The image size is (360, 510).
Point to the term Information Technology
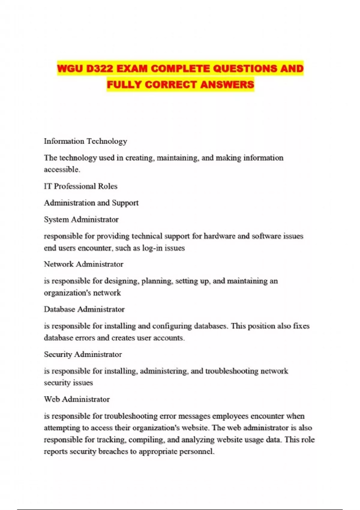[85, 141]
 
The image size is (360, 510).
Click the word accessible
[62, 169]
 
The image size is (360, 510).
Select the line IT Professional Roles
[81, 186]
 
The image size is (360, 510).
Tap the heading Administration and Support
[91, 203]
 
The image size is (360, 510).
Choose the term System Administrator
[81, 220]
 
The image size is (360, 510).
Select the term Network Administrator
[84, 264]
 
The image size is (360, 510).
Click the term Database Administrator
[84, 309]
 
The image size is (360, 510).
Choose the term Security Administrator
[83, 355]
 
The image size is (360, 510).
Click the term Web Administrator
[77, 399]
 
